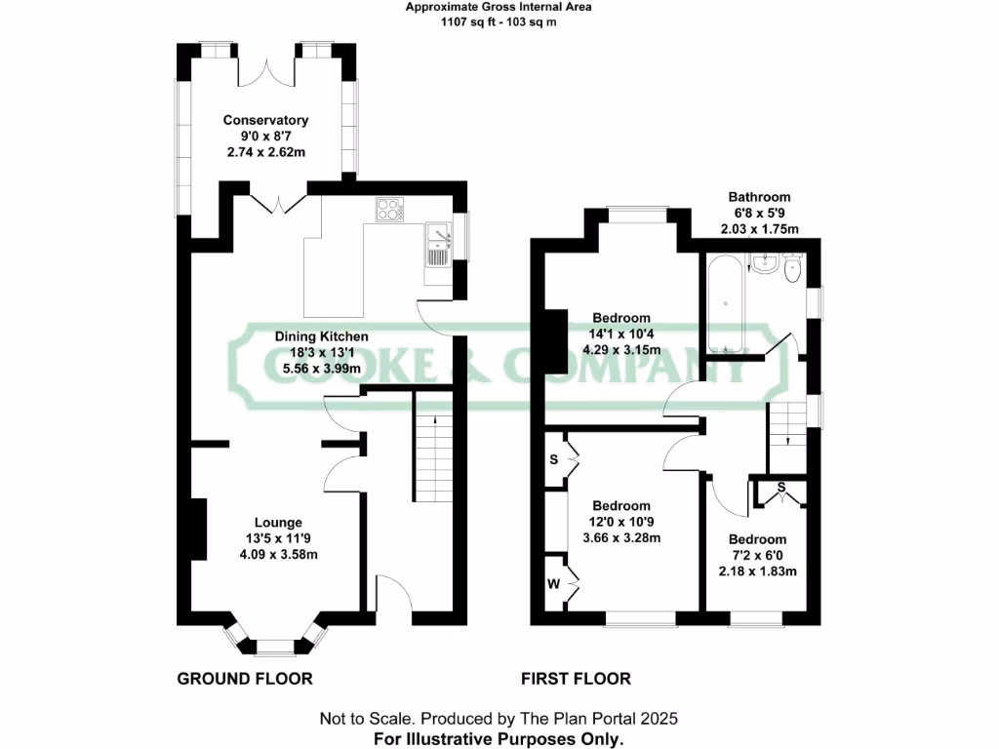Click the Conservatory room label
pos(265,120)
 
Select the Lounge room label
pos(278,522)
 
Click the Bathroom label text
pos(758,197)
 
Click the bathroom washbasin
pos(764,262)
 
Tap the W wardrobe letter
pos(552,585)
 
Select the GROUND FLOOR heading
pos(244,679)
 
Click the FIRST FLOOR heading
pos(576,679)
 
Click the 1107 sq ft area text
pos(499,20)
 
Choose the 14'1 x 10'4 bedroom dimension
pos(621,334)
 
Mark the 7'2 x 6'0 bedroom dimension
pos(757,555)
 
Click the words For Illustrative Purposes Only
pos(499,738)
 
